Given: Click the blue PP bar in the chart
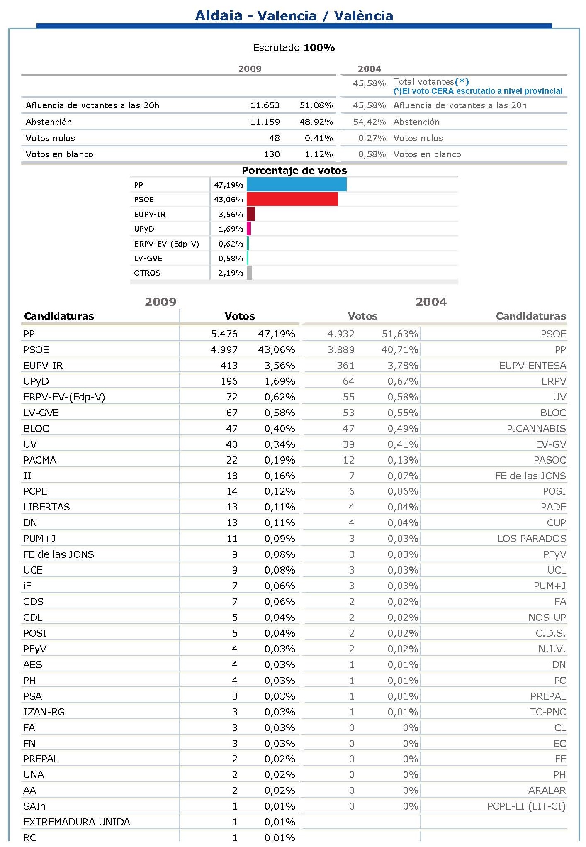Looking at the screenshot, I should click(x=297, y=185).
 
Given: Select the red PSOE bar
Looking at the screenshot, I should click(x=292, y=199).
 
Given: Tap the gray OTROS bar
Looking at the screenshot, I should click(x=249, y=273).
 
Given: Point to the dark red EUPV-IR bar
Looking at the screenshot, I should click(x=250, y=214).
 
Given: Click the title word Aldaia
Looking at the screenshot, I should click(x=219, y=16).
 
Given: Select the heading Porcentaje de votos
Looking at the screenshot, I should click(x=294, y=171).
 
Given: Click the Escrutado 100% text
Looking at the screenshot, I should click(x=294, y=48).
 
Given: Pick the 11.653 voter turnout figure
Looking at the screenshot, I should click(x=265, y=105).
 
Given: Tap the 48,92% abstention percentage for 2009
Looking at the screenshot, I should click(x=316, y=122).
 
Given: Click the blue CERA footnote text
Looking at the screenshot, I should click(x=478, y=91).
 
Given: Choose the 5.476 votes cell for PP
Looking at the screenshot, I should click(x=224, y=334).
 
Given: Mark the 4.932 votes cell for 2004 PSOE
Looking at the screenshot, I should click(x=341, y=334).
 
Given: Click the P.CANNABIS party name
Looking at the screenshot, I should click(x=536, y=429).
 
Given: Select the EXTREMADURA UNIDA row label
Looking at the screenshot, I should click(x=77, y=822).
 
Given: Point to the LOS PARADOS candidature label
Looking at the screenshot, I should click(x=532, y=539).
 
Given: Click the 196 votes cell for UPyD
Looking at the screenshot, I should click(x=229, y=381).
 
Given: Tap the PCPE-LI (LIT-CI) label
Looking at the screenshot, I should click(x=526, y=806).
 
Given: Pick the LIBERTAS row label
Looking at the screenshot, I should click(x=46, y=507).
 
